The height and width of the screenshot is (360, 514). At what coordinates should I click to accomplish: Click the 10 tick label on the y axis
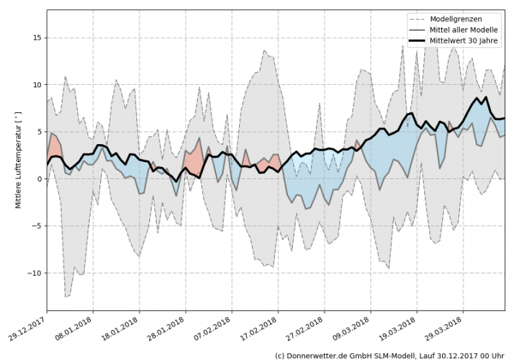click(x=37, y=85)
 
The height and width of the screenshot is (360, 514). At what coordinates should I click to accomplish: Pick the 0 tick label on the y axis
click(x=39, y=178)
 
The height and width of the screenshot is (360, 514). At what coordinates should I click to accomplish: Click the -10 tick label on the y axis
click(x=35, y=273)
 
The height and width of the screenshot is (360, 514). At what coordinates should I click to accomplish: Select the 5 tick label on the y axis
click(x=39, y=132)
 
